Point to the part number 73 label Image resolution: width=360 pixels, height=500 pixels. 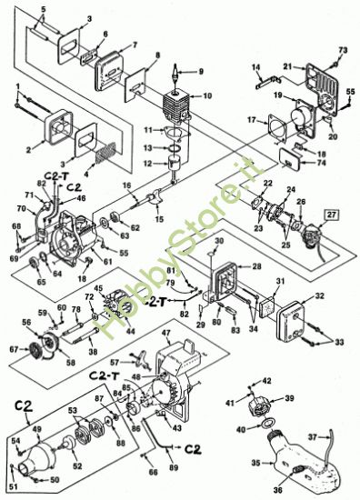[343, 50]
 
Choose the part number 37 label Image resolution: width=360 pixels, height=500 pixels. [339, 436]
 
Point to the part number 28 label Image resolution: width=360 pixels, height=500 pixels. [257, 266]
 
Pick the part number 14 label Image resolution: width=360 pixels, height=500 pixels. [256, 67]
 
